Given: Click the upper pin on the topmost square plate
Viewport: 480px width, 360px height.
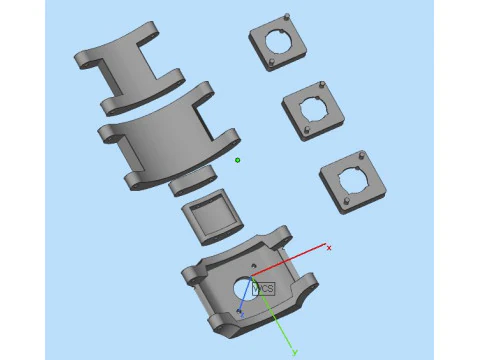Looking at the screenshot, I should coord(288,16).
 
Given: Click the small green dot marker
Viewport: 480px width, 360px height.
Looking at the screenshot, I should coord(237,160).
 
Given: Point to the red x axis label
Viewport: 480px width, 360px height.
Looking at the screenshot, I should coord(329,246).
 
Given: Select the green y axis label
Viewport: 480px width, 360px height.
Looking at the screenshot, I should coord(294,353).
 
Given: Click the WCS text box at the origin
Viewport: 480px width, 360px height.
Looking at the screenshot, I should coord(263,288).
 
